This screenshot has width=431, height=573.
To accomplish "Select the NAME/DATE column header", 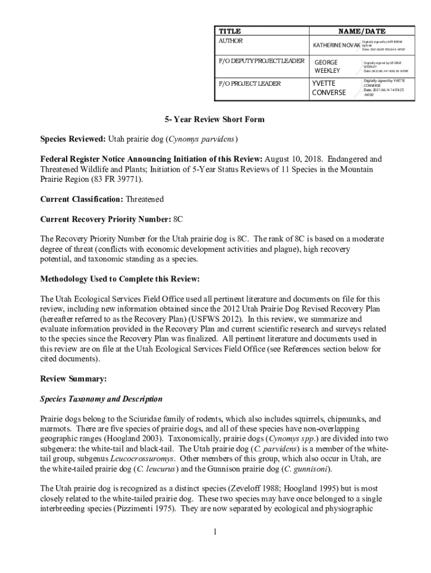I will click(362, 31).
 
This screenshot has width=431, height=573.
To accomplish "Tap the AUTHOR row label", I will click(231, 41).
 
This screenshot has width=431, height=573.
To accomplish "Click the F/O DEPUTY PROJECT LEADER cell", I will click(261, 60).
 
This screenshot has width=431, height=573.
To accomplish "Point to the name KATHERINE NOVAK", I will click(336, 45).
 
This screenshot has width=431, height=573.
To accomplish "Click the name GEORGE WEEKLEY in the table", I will click(327, 67).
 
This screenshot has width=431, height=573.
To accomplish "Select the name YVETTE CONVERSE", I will click(329, 88).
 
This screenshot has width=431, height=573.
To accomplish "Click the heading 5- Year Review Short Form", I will click(214, 120).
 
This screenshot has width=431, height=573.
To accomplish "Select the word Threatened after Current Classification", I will click(145, 199).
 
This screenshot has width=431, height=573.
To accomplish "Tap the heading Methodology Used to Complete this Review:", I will click(120, 279).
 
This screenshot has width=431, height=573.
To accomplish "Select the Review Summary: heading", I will click(73, 379).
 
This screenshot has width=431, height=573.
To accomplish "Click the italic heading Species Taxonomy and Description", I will click(101, 399).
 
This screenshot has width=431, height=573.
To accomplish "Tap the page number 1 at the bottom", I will click(214, 532).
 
